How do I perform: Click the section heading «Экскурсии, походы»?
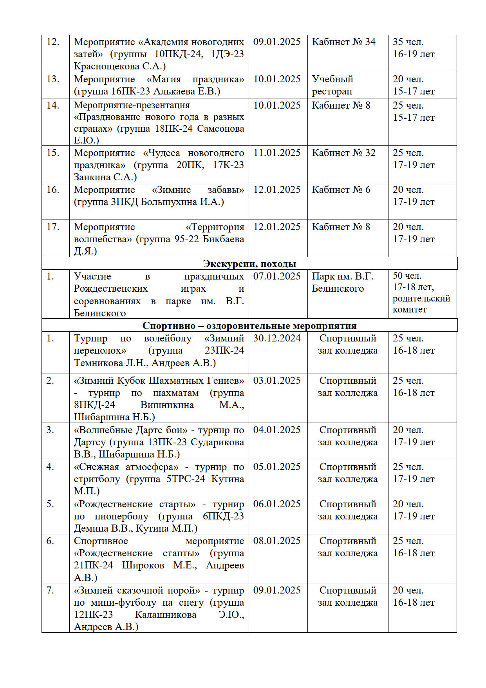pos(249,264)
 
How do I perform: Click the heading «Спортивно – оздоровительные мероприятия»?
pos(249,326)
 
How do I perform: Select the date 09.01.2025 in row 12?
pos(277,42)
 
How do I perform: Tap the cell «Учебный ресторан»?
pos(332,85)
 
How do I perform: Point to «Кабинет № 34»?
pos(343,42)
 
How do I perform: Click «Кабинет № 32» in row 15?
pos(343,153)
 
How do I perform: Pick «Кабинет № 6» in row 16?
pos(341,190)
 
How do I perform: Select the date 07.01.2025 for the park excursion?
pos(277,276)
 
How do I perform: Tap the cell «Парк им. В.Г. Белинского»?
pos(342,282)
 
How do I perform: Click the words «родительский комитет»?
pos(421,304)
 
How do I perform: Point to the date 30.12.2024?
pos(277,338)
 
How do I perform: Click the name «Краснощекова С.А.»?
pos(119,66)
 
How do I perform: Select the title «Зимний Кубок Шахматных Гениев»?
pos(159,381)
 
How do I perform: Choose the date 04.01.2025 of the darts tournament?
pos(277,430)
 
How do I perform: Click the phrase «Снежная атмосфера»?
pos(126,467)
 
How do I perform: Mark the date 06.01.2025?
pos(277,504)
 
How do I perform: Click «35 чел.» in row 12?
pos(408,42)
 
